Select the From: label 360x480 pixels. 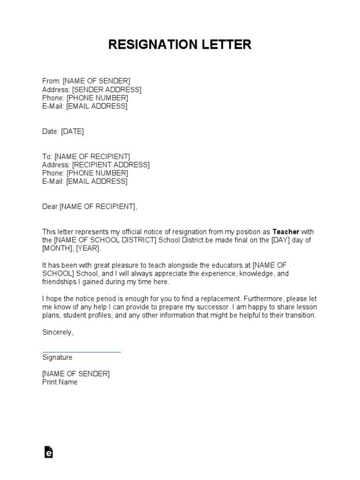[52, 81]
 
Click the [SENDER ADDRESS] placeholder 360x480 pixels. [107, 90]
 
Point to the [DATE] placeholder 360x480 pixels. [73, 132]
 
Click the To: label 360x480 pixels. [47, 157]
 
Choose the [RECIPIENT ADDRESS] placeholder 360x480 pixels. [111, 165]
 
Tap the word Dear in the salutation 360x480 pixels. [50, 207]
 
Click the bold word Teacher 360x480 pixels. [286, 232]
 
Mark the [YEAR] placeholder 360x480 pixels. [88, 248]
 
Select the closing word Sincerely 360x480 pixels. [58, 332]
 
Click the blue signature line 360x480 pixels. [81, 352]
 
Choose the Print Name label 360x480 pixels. [60, 382]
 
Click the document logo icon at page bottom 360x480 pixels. [48, 452]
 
